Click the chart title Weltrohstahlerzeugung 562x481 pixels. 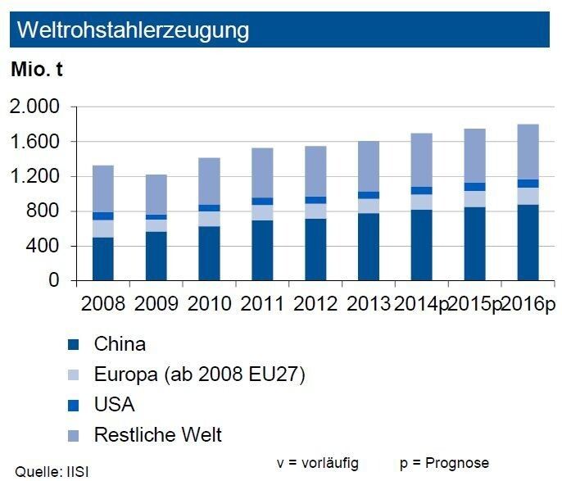pos(133,30)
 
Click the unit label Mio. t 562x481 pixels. pos(36,70)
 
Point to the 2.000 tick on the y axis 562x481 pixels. pos(35,107)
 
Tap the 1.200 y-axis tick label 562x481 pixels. pos(35,177)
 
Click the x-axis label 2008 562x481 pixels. pos(103,304)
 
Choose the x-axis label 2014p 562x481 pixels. pos(420,304)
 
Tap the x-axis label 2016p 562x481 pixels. pos(527,304)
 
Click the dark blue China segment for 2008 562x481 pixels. pos(103,259)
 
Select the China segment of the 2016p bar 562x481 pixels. pos(527,243)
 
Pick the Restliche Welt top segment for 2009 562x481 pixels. pos(156,194)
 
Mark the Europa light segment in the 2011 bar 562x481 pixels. pos(262,212)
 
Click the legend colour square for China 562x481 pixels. pos(72,345)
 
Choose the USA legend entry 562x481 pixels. pos(115,404)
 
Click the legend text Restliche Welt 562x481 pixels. pos(158,433)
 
